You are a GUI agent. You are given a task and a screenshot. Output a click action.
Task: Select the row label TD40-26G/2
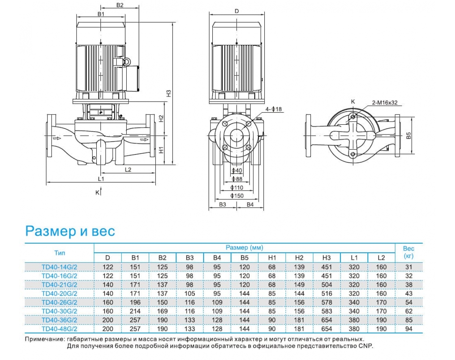pyautogui.click(x=59, y=302)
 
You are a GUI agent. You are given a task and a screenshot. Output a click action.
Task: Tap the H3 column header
pyautogui.click(x=326, y=258)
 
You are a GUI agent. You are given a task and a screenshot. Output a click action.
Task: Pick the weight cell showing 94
pyautogui.click(x=408, y=329)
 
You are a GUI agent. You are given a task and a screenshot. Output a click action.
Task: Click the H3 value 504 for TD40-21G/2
pyautogui.click(x=326, y=285)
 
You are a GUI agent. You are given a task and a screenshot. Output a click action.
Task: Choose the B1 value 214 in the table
pyautogui.click(x=135, y=311)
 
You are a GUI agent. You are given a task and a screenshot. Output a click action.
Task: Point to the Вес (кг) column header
pyautogui.click(x=409, y=252)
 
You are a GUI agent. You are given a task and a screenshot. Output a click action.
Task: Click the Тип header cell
pyautogui.click(x=59, y=252)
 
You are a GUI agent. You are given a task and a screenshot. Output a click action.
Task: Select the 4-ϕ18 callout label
pyautogui.click(x=275, y=109)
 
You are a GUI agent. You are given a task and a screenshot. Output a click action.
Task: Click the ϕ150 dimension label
pyautogui.click(x=237, y=196)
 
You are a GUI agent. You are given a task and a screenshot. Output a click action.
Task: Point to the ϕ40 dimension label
pyautogui.click(x=237, y=171)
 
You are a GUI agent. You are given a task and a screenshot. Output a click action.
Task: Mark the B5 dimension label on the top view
pyautogui.click(x=408, y=135)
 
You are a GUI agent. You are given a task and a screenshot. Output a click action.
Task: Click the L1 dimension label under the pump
pyautogui.click(x=101, y=178)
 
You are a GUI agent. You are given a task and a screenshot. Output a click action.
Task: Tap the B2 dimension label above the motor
pyautogui.click(x=120, y=5)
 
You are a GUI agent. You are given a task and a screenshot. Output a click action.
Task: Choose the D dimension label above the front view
pyautogui.click(x=237, y=11)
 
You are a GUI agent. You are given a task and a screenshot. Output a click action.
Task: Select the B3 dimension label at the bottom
pyautogui.click(x=223, y=205)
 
